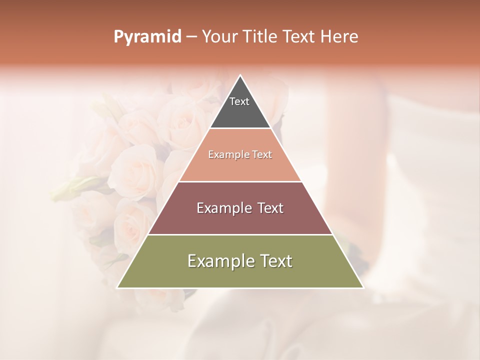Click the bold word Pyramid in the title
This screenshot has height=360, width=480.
pyautogui.click(x=147, y=37)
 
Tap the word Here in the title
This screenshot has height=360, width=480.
pyautogui.click(x=339, y=37)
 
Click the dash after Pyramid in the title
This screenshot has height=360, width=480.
pyautogui.click(x=191, y=37)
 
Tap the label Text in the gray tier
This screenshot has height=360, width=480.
pyautogui.click(x=239, y=101)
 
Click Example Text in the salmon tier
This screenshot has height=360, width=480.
pyautogui.click(x=240, y=155)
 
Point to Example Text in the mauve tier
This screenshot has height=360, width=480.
pyautogui.click(x=240, y=208)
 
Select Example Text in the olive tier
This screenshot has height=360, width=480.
pyautogui.click(x=240, y=261)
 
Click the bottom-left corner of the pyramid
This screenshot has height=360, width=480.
pyautogui.click(x=117, y=287)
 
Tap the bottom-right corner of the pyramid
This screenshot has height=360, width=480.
pyautogui.click(x=363, y=287)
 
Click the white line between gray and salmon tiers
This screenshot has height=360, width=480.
pyautogui.click(x=240, y=128)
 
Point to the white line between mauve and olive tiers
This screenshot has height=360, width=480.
pyautogui.click(x=240, y=234)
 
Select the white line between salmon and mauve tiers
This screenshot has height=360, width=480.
pyautogui.click(x=240, y=181)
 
